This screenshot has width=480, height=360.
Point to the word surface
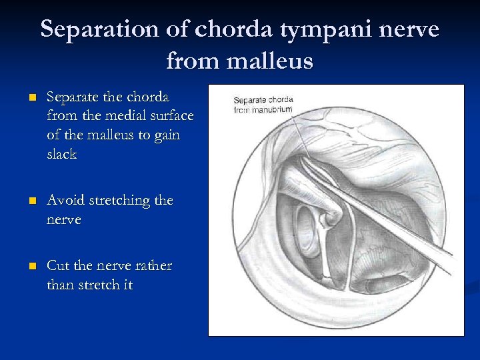[170, 116]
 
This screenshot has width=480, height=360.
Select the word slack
[62, 154]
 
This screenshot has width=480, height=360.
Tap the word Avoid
[65, 200]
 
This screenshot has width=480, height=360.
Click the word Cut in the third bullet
[58, 265]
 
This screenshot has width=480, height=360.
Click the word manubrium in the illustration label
[273, 109]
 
